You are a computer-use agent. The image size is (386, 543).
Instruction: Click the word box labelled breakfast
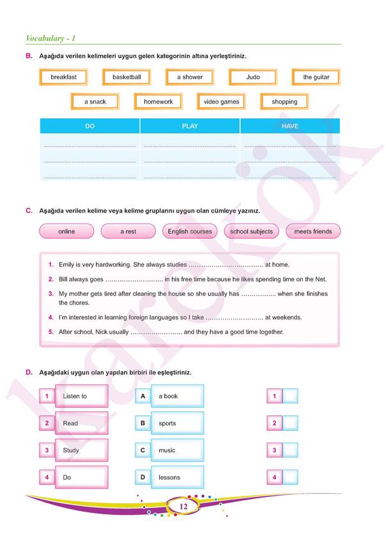63,77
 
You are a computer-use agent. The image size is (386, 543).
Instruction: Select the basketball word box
127,77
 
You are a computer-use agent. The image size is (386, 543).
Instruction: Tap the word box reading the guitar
316,77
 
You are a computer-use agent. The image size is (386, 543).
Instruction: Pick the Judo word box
253,77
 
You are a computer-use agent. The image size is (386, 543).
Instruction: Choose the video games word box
221,102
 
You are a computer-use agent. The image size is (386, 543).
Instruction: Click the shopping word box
284,102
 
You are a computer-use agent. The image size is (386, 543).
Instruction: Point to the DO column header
89,126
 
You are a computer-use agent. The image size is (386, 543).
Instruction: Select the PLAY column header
190,126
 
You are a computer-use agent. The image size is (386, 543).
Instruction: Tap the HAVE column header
290,126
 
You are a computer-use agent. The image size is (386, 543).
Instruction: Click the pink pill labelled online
66,231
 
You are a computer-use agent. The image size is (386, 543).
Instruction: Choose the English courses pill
190,231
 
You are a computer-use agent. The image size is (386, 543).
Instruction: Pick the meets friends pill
313,231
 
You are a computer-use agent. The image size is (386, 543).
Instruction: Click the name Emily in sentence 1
66,264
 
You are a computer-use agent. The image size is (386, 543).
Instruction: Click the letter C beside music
143,450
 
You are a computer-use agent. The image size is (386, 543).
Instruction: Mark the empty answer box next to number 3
290,450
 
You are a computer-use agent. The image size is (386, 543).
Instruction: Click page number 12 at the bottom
183,507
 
